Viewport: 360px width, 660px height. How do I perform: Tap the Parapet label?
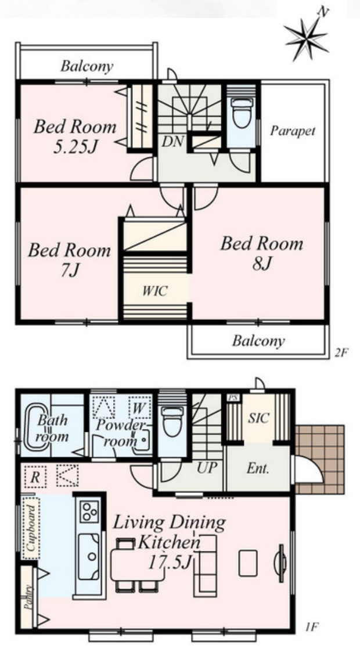pos(293,131)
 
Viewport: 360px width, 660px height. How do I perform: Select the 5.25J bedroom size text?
pos(76,147)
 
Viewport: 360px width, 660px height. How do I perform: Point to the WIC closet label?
pos(154,291)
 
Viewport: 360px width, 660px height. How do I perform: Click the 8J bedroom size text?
pos(262,264)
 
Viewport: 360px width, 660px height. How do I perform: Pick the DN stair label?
pos(173,142)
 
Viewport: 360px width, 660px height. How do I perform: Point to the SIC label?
pos(258,419)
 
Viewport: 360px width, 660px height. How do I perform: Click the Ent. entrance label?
pos(258,469)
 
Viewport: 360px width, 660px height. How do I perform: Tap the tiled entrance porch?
pos(320,459)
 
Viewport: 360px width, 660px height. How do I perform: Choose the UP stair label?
pos(207,467)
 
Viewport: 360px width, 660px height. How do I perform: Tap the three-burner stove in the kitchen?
pos(89,511)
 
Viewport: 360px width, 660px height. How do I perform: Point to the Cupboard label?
pos(31,528)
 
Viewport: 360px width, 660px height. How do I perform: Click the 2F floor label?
pos(341,352)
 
